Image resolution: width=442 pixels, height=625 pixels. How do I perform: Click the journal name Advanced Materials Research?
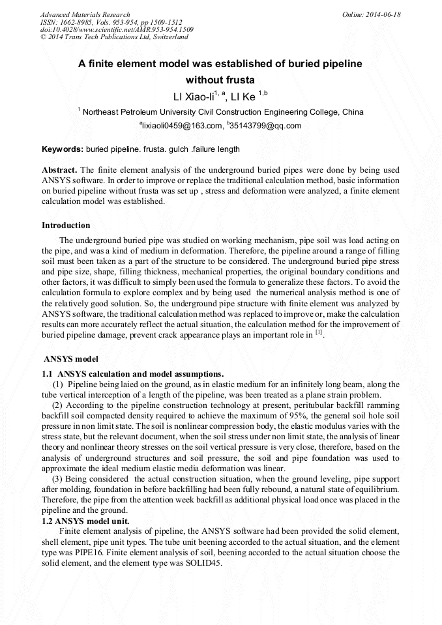pos(85,14)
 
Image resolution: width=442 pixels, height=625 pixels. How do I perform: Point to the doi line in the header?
pos(117,29)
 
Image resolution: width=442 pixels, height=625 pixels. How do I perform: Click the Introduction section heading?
pos(66,225)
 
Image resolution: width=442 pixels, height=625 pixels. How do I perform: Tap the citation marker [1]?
pos(319,334)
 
